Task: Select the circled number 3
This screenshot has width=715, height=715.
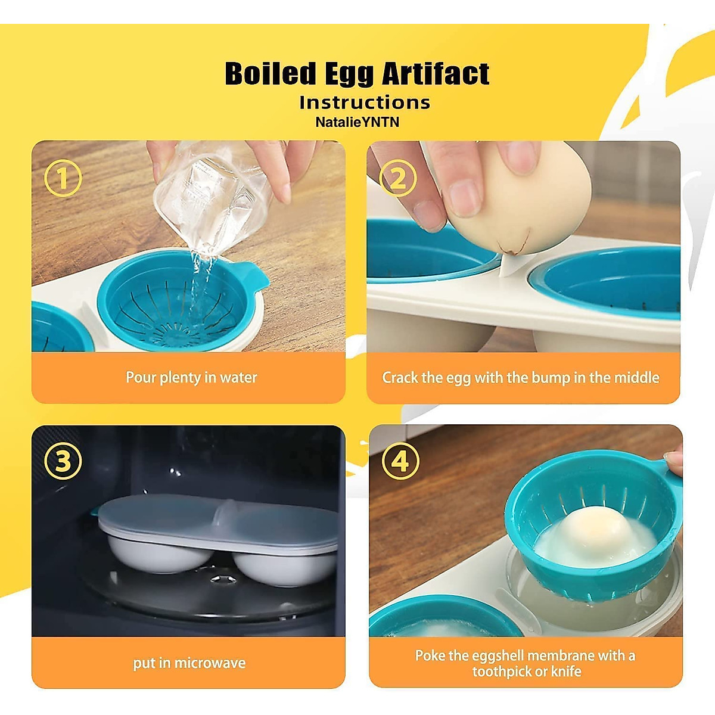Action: pos(63,461)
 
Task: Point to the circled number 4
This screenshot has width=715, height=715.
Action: pos(400,461)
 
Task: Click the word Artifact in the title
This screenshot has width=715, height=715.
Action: pos(435,74)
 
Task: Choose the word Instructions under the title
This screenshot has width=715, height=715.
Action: pos(365,102)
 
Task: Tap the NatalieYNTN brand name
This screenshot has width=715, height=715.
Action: pos(357,122)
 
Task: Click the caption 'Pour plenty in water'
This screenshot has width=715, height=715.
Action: pos(191,378)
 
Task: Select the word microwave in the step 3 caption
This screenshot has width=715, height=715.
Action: pos(210,663)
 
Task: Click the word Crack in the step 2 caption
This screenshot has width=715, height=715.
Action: pos(400,378)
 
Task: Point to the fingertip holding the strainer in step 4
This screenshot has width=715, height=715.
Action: pos(674,461)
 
